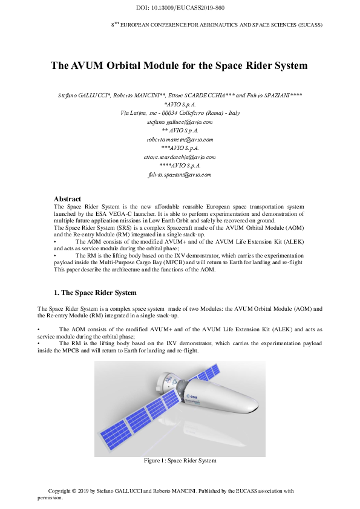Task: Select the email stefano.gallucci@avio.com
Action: tap(180, 122)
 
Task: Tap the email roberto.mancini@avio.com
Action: tap(180, 139)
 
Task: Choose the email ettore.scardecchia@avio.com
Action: tap(180, 157)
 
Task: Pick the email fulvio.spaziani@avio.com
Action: tap(180, 174)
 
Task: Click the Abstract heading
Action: tap(67, 198)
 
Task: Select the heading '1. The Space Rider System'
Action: tap(95, 293)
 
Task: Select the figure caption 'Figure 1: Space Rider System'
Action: tap(180, 461)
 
